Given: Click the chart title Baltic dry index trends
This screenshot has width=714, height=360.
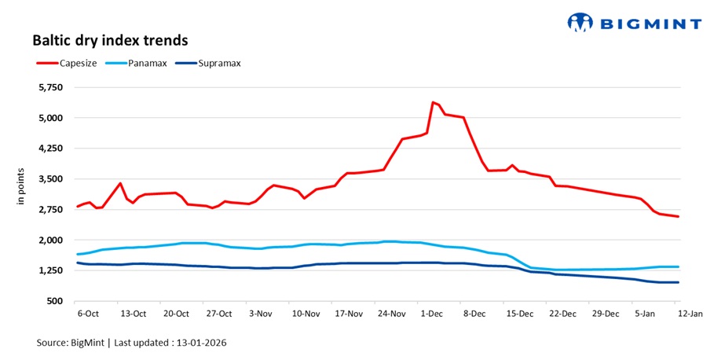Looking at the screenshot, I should point(110,39).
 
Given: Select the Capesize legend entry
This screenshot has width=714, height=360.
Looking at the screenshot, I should point(76,63).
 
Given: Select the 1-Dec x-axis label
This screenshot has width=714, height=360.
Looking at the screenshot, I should point(433,313).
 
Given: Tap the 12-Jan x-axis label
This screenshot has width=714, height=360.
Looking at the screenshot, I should point(689,313).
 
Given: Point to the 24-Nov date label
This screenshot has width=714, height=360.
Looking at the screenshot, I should point(390,313).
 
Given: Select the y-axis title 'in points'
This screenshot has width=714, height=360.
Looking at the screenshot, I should point(22,188).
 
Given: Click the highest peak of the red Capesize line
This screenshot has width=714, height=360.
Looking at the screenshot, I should point(433,102).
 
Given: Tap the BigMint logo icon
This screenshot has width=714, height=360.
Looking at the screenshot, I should point(580,22).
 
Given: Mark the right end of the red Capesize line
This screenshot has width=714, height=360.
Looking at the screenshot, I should point(679,217).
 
